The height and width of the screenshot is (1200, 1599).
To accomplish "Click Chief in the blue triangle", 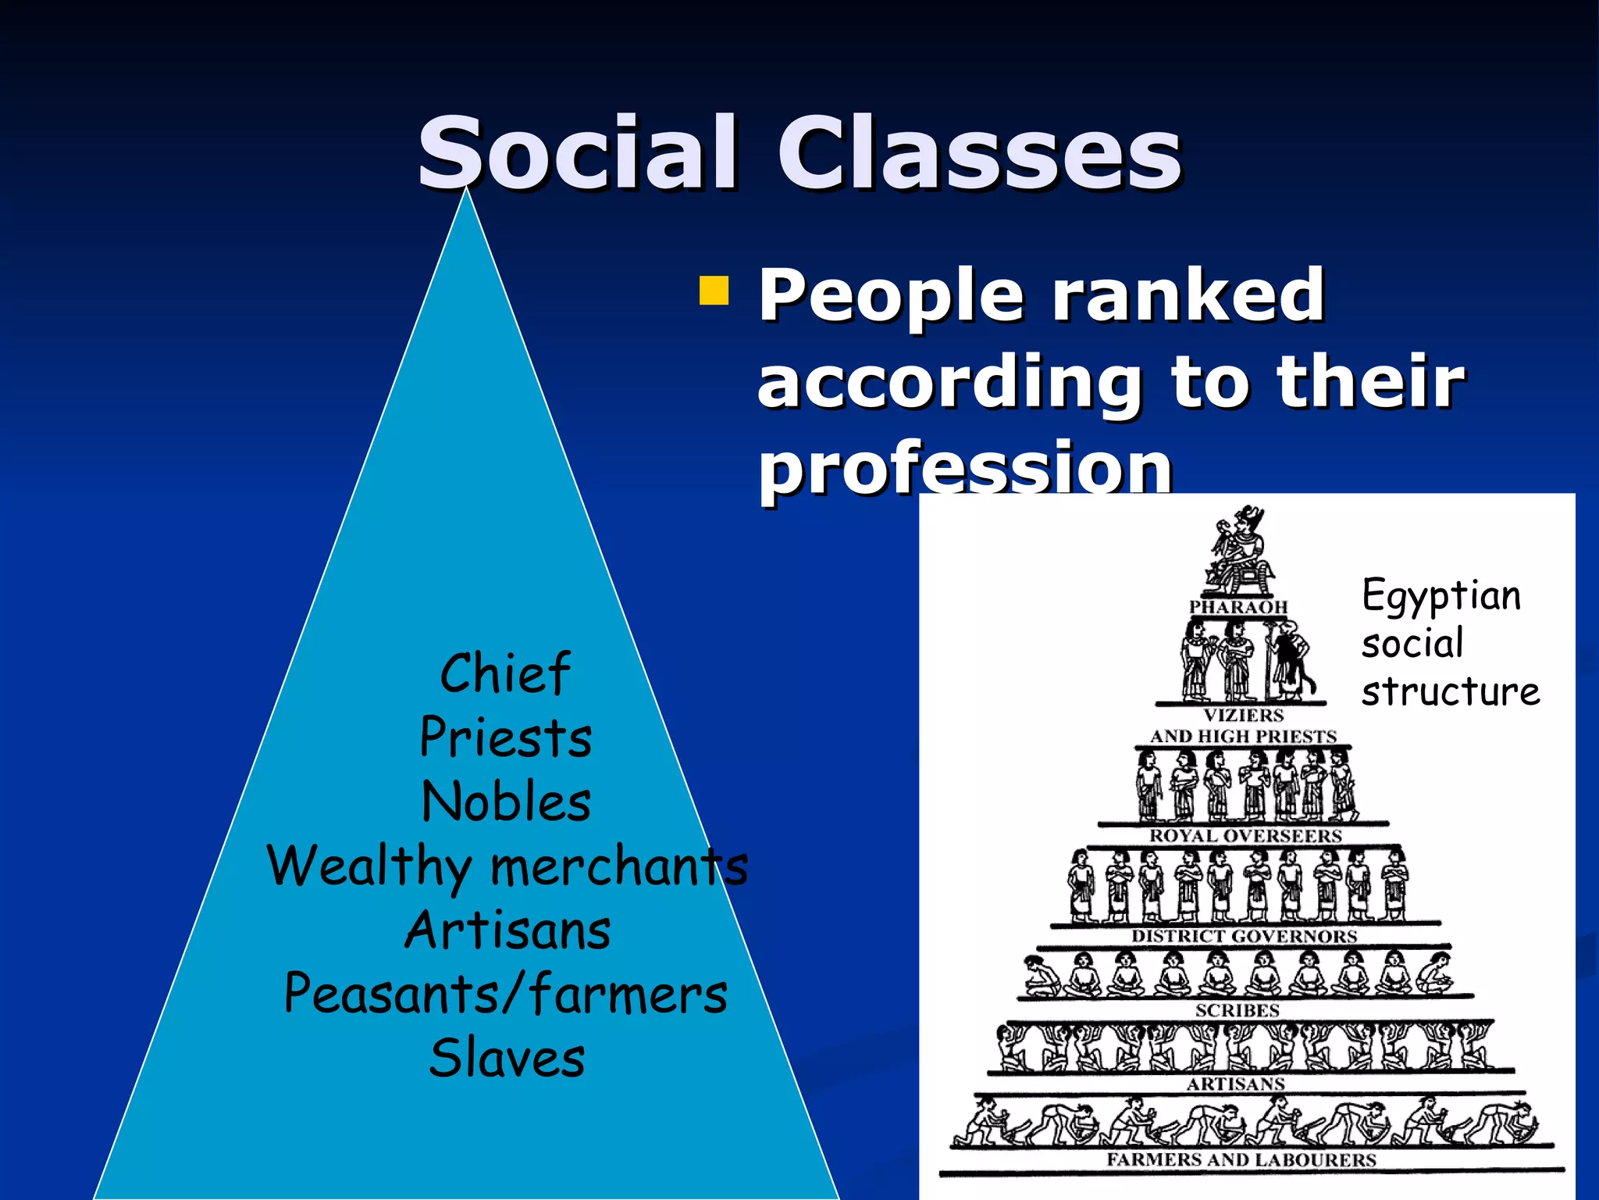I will pos(505,673).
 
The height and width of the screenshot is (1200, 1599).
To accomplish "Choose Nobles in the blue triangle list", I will pos(506,802).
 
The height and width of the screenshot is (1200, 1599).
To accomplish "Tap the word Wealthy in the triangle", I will pos(369,866).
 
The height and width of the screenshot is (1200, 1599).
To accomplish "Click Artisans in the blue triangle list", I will pos(507,930).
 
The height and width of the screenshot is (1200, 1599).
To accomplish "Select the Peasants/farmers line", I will pos(506,994).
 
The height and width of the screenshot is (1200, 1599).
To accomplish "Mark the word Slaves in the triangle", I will pos(507,1059).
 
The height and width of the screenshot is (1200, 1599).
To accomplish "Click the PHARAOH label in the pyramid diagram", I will pos(1238,607).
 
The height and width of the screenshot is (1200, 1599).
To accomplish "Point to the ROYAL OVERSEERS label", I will pos(1245,836).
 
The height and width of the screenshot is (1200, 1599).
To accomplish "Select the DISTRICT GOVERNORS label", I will pos(1245,936).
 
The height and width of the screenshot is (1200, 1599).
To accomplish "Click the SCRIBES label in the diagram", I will pos(1238,1010).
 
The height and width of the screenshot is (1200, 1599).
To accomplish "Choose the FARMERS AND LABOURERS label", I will pos(1241,1159).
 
